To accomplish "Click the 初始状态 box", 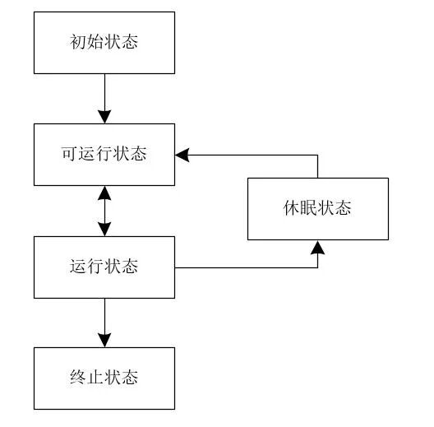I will point(104,42).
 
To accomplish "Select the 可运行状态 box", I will point(104,155).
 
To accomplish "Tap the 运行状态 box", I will point(104,267).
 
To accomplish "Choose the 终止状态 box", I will point(104,378).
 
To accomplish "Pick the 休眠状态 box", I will point(317,208).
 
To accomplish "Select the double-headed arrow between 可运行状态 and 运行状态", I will point(104,211).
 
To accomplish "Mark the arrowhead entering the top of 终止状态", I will point(104,340).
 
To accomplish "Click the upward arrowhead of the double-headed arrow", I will point(104,193).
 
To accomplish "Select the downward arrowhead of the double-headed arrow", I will point(104,230).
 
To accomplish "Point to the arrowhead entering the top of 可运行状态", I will point(104,117).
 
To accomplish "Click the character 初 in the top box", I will point(77,42).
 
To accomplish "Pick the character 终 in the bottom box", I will point(77,378).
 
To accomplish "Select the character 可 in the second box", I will point(70,155).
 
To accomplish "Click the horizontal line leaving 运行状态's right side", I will point(247,267).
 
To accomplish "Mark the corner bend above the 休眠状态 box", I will point(317,154).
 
